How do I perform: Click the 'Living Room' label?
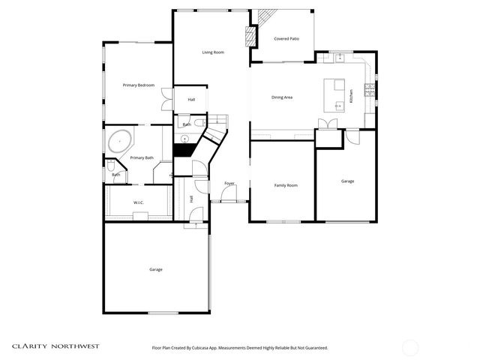tap(213, 52)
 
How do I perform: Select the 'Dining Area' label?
tap(282, 97)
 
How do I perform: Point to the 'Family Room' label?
tap(285, 185)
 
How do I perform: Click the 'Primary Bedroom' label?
tap(139, 85)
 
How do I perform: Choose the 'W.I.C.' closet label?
tap(139, 202)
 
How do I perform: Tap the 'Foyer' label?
tap(229, 183)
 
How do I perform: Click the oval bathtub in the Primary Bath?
tap(120, 141)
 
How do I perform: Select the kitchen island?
tap(334, 94)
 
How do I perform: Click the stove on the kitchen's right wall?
tap(369, 90)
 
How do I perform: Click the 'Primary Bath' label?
tap(142, 157)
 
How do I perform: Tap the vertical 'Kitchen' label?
tap(351, 96)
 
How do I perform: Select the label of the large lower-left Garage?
tap(155, 269)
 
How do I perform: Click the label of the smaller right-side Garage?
tap(347, 181)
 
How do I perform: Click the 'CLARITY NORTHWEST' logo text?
tap(55, 346)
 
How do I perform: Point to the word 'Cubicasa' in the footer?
tap(206, 348)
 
